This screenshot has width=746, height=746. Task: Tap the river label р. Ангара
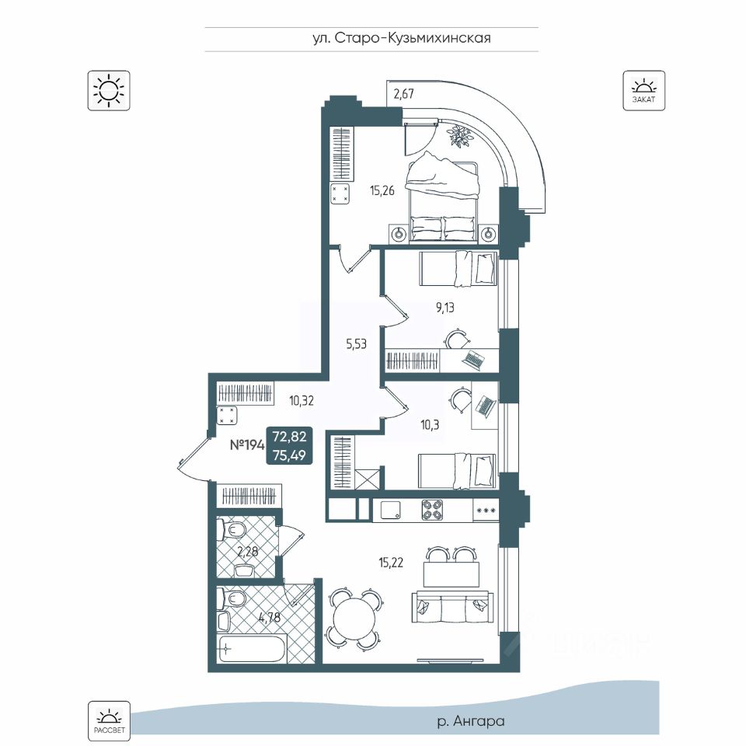point(470,721)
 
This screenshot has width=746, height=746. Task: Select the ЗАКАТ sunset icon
point(643,90)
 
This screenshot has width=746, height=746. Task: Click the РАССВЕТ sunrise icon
point(109,720)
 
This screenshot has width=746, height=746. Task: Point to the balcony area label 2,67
point(403,94)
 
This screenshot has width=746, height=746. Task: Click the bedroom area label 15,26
point(382,191)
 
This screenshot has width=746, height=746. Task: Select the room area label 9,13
point(444,308)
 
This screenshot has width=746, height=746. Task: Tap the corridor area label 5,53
point(357,344)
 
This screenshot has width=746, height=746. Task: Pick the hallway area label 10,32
point(302,401)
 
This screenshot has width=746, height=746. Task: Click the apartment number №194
point(247,445)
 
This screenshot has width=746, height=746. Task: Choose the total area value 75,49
point(289,455)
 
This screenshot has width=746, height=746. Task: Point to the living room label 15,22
point(391,563)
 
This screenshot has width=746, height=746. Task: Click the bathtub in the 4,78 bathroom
point(252,647)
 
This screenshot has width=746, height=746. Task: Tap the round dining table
point(355,619)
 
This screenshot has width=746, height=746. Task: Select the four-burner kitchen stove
point(433,510)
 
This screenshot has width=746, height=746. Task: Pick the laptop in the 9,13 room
point(473,361)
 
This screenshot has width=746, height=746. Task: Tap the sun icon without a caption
point(109,90)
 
